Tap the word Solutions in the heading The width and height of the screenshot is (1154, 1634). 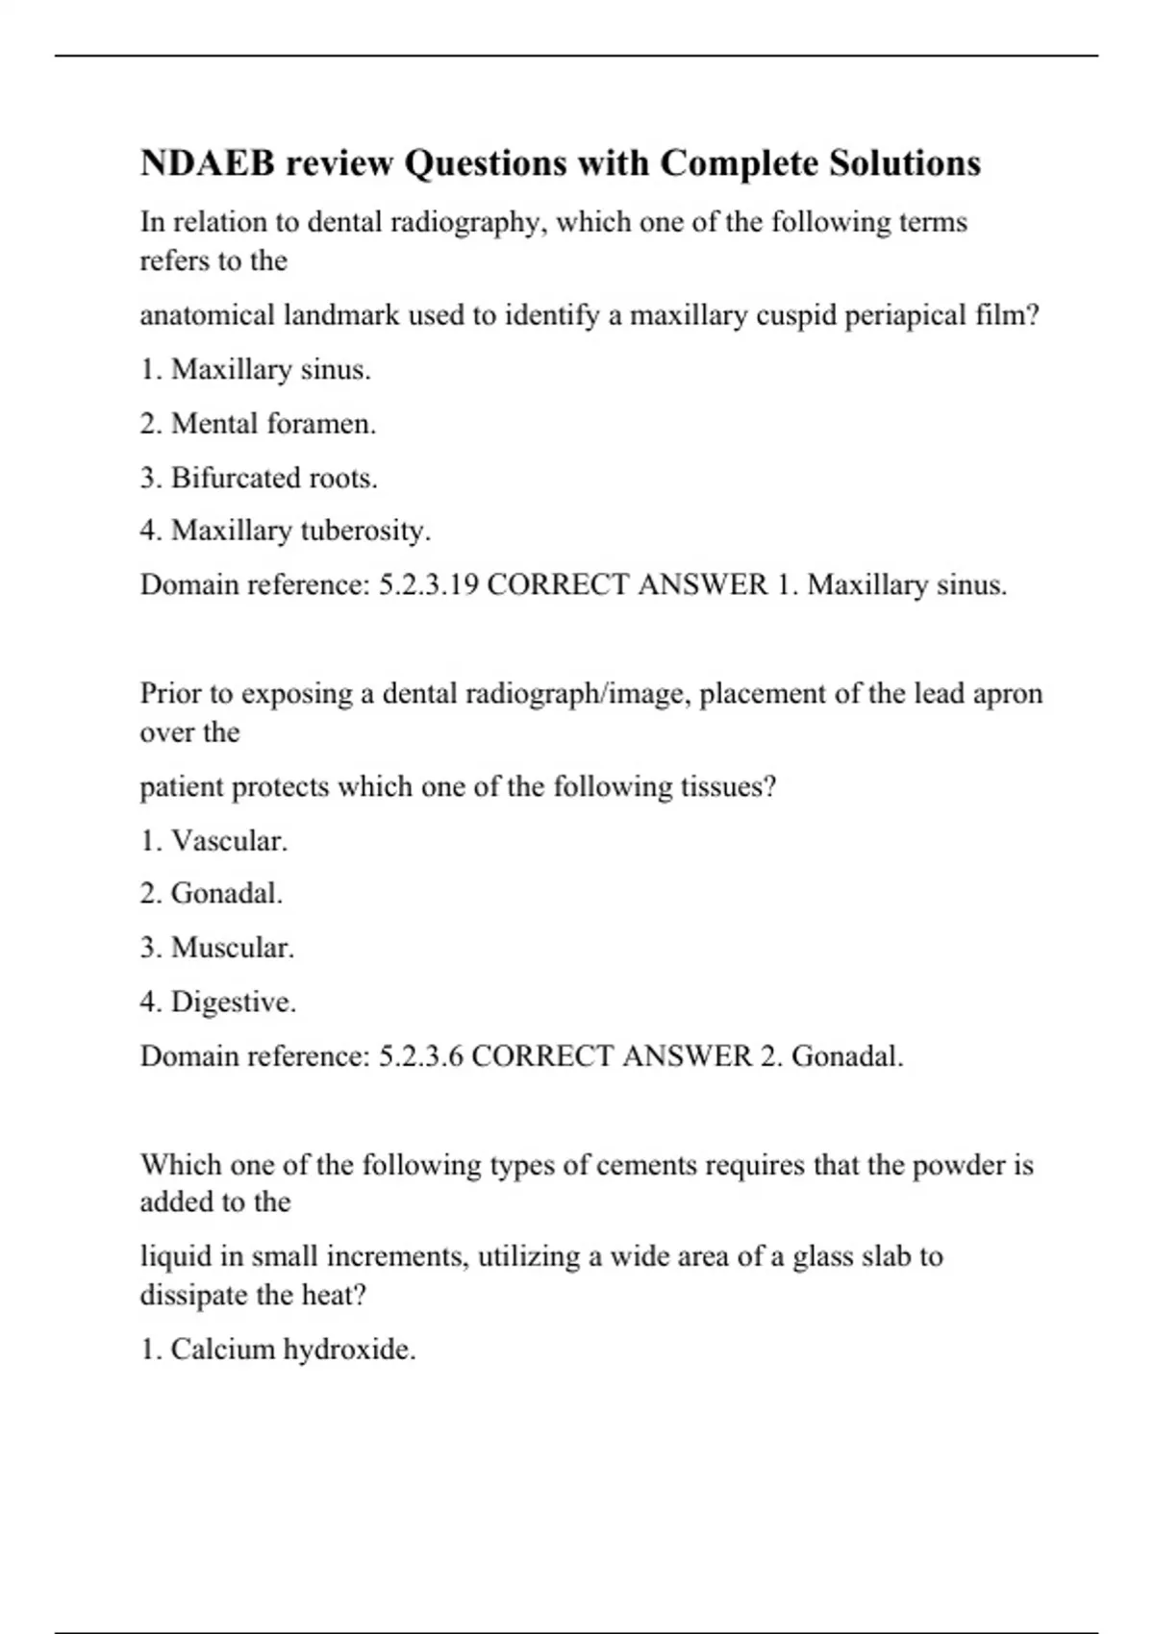pyautogui.click(x=905, y=163)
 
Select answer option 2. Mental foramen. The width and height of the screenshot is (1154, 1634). pyautogui.click(x=258, y=424)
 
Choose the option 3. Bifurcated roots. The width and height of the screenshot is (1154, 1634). pyautogui.click(x=259, y=478)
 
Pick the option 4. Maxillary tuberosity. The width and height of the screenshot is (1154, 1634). pyautogui.click(x=286, y=531)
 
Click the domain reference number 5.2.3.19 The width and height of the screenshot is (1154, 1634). pyautogui.click(x=429, y=584)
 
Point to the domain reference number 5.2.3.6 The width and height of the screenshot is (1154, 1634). pyautogui.click(x=421, y=1056)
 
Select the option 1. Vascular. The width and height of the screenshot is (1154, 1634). pyautogui.click(x=213, y=841)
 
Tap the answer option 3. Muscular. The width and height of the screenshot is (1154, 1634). pyautogui.click(x=217, y=948)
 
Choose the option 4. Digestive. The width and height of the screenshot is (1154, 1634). pyautogui.click(x=218, y=1003)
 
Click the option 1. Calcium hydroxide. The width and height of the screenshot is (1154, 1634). pyautogui.click(x=278, y=1349)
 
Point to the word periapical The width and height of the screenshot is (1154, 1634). pyautogui.click(x=905, y=315)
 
